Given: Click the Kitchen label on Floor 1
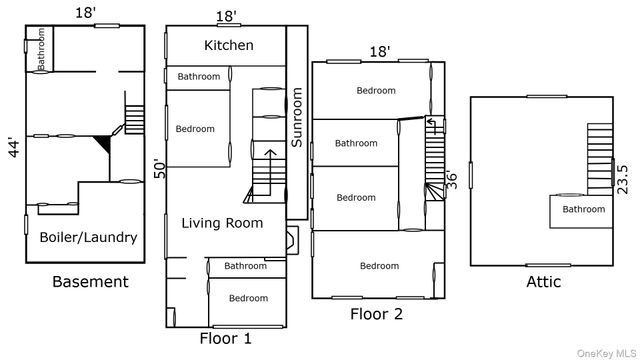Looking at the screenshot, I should click(x=229, y=45).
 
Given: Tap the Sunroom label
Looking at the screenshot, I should click(x=297, y=118).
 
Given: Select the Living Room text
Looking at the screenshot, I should click(x=222, y=223).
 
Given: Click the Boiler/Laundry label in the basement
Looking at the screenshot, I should click(x=88, y=238).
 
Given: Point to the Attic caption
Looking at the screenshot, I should click(x=543, y=282).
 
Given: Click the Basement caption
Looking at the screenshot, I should click(x=90, y=282).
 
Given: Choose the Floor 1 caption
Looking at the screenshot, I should click(x=226, y=338).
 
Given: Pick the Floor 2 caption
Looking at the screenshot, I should click(x=376, y=314).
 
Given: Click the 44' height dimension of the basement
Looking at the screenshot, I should click(x=12, y=149).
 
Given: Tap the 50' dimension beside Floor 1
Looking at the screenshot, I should click(x=157, y=168).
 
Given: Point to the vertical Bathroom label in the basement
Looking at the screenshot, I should click(x=42, y=49).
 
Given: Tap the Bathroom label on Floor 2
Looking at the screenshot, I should click(x=356, y=143).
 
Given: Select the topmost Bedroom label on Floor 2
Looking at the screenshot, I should click(x=376, y=91).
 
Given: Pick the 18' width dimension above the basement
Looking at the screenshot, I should click(x=86, y=11).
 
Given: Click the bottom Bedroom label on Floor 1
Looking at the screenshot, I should click(x=248, y=298).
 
